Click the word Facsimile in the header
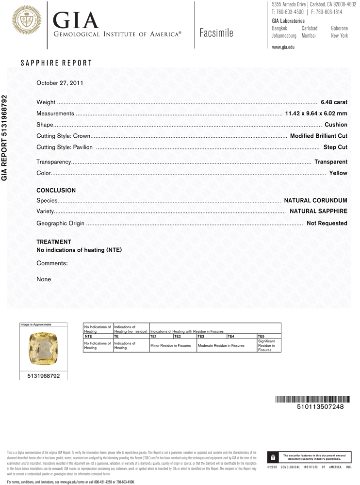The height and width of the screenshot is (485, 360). pyautogui.click(x=216, y=33)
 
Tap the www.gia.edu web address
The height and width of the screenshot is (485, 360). pyautogui.click(x=283, y=47)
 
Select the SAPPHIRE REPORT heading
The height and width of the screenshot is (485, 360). pyautogui.click(x=56, y=63)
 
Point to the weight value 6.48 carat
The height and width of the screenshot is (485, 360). pyautogui.click(x=334, y=102)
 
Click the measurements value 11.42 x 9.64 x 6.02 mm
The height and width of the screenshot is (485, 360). pyautogui.click(x=316, y=113)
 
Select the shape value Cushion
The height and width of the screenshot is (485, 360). pyautogui.click(x=336, y=125)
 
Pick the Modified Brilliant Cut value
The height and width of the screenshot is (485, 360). pyautogui.click(x=318, y=136)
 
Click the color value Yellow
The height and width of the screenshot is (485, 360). pyautogui.click(x=338, y=173)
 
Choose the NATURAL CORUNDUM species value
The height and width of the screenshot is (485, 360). pyautogui.click(x=315, y=200)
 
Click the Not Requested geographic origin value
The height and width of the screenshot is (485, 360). pyautogui.click(x=327, y=223)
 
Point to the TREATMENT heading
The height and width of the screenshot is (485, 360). pyautogui.click(x=54, y=242)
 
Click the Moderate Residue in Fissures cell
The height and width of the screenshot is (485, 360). pyautogui.click(x=221, y=345)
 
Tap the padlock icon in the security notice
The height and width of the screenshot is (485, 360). pyautogui.click(x=273, y=457)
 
